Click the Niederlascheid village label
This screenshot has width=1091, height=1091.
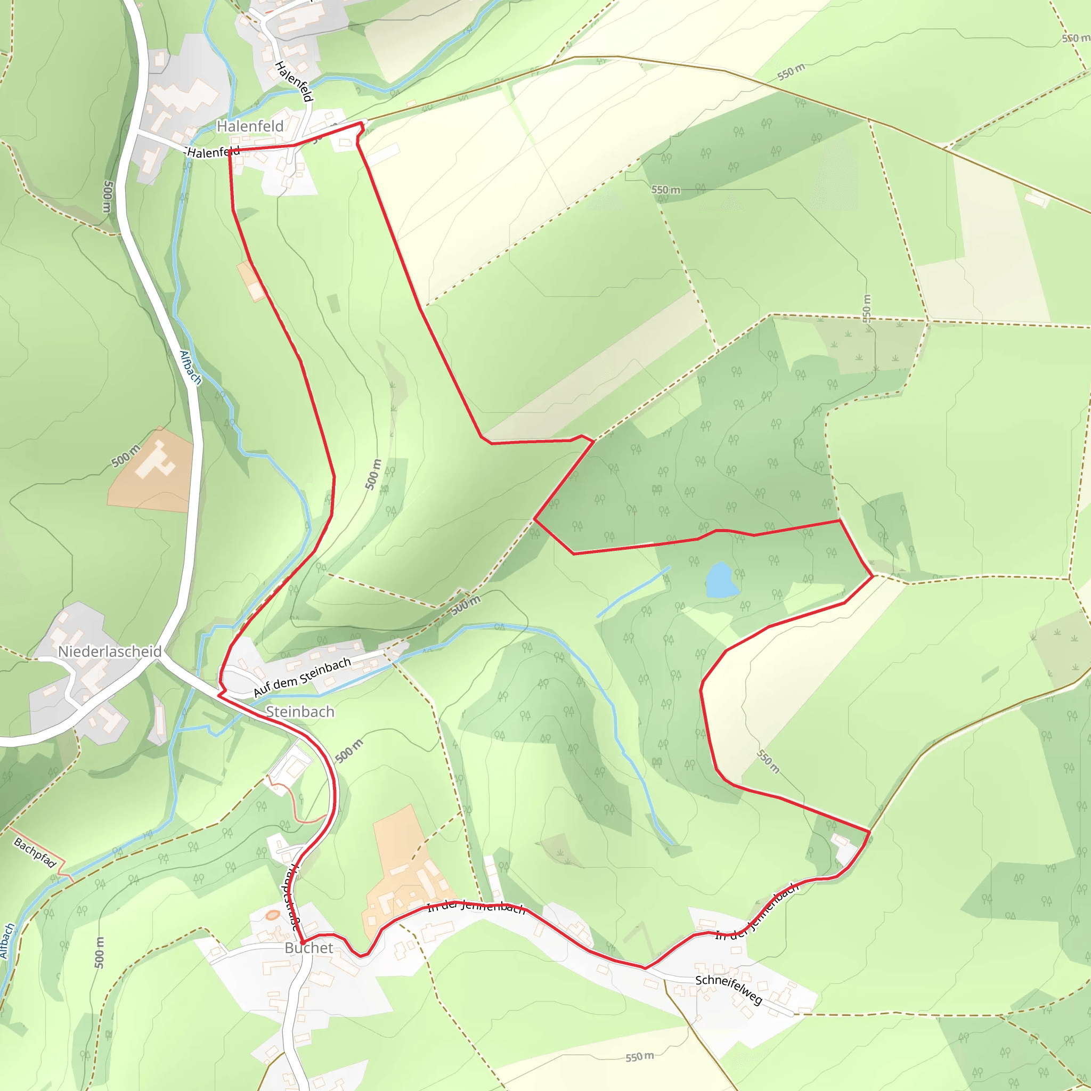coord(110,651)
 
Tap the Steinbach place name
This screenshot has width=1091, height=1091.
coord(300,712)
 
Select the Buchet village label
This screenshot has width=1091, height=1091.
coord(308,948)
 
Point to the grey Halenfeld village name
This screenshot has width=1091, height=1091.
coord(250,126)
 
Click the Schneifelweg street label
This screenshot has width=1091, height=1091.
coord(728,989)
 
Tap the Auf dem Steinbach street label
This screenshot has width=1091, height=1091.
coord(302,677)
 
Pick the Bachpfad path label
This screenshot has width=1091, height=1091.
coord(35,853)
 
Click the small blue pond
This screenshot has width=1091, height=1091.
coord(721,580)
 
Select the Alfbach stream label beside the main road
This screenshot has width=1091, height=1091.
coord(190,367)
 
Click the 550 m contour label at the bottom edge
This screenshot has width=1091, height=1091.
coord(639,1056)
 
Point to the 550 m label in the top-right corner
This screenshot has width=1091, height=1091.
coord(1074,38)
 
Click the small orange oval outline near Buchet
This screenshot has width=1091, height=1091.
coord(273,915)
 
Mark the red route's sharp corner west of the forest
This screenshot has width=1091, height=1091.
coord(535,519)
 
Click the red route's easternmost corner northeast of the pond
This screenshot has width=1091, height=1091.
coord(873,576)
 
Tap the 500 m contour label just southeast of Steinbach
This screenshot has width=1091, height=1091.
coord(349,751)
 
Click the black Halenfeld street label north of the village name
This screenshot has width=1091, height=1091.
coord(294,82)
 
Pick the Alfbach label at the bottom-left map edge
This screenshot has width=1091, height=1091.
coord(6,941)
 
